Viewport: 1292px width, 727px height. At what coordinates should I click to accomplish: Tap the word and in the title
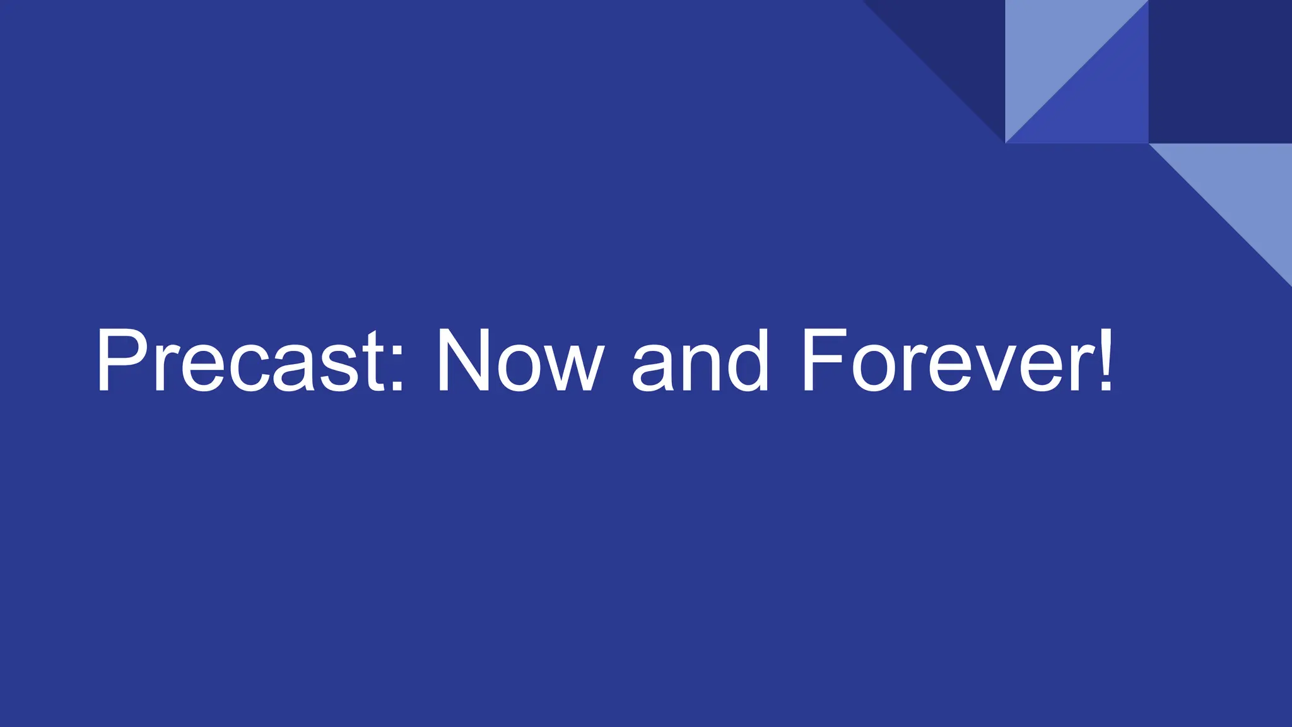700,360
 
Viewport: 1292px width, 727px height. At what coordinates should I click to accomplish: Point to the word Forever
946,360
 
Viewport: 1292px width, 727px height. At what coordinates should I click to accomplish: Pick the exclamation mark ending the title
1105,360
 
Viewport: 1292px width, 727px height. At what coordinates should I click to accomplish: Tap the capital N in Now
463,360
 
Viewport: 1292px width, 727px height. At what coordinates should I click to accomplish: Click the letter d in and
747,360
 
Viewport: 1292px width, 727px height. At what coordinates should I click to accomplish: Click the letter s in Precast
341,369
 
